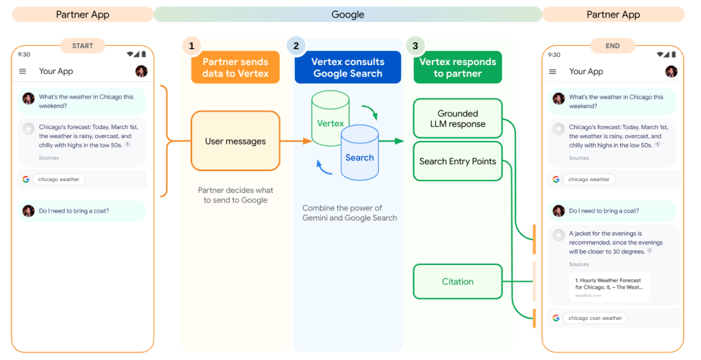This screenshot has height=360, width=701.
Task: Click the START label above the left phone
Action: coord(83,45)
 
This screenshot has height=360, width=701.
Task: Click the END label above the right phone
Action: coord(612,45)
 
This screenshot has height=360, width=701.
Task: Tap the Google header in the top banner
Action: coord(348,15)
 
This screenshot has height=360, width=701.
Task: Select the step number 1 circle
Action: coord(191,45)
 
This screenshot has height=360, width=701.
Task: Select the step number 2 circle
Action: coord(296,45)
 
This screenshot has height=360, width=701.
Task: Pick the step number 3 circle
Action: coord(415,45)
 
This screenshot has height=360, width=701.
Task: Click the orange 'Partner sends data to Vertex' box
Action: coord(235,67)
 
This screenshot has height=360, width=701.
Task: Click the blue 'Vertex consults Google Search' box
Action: coord(348,67)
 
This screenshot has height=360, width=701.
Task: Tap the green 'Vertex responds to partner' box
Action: coord(458,67)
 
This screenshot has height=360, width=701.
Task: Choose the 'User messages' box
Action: coord(235,141)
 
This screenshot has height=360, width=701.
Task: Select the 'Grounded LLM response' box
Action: coord(458,118)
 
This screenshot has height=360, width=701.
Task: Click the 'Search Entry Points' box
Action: coord(458,161)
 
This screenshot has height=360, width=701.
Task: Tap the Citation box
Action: coord(458,281)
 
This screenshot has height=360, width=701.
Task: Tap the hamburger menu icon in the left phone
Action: coord(23,71)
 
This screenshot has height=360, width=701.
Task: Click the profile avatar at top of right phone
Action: coord(671,71)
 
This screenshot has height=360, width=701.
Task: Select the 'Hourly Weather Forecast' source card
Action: coord(610,287)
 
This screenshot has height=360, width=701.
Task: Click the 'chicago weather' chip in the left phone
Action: coord(58,179)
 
